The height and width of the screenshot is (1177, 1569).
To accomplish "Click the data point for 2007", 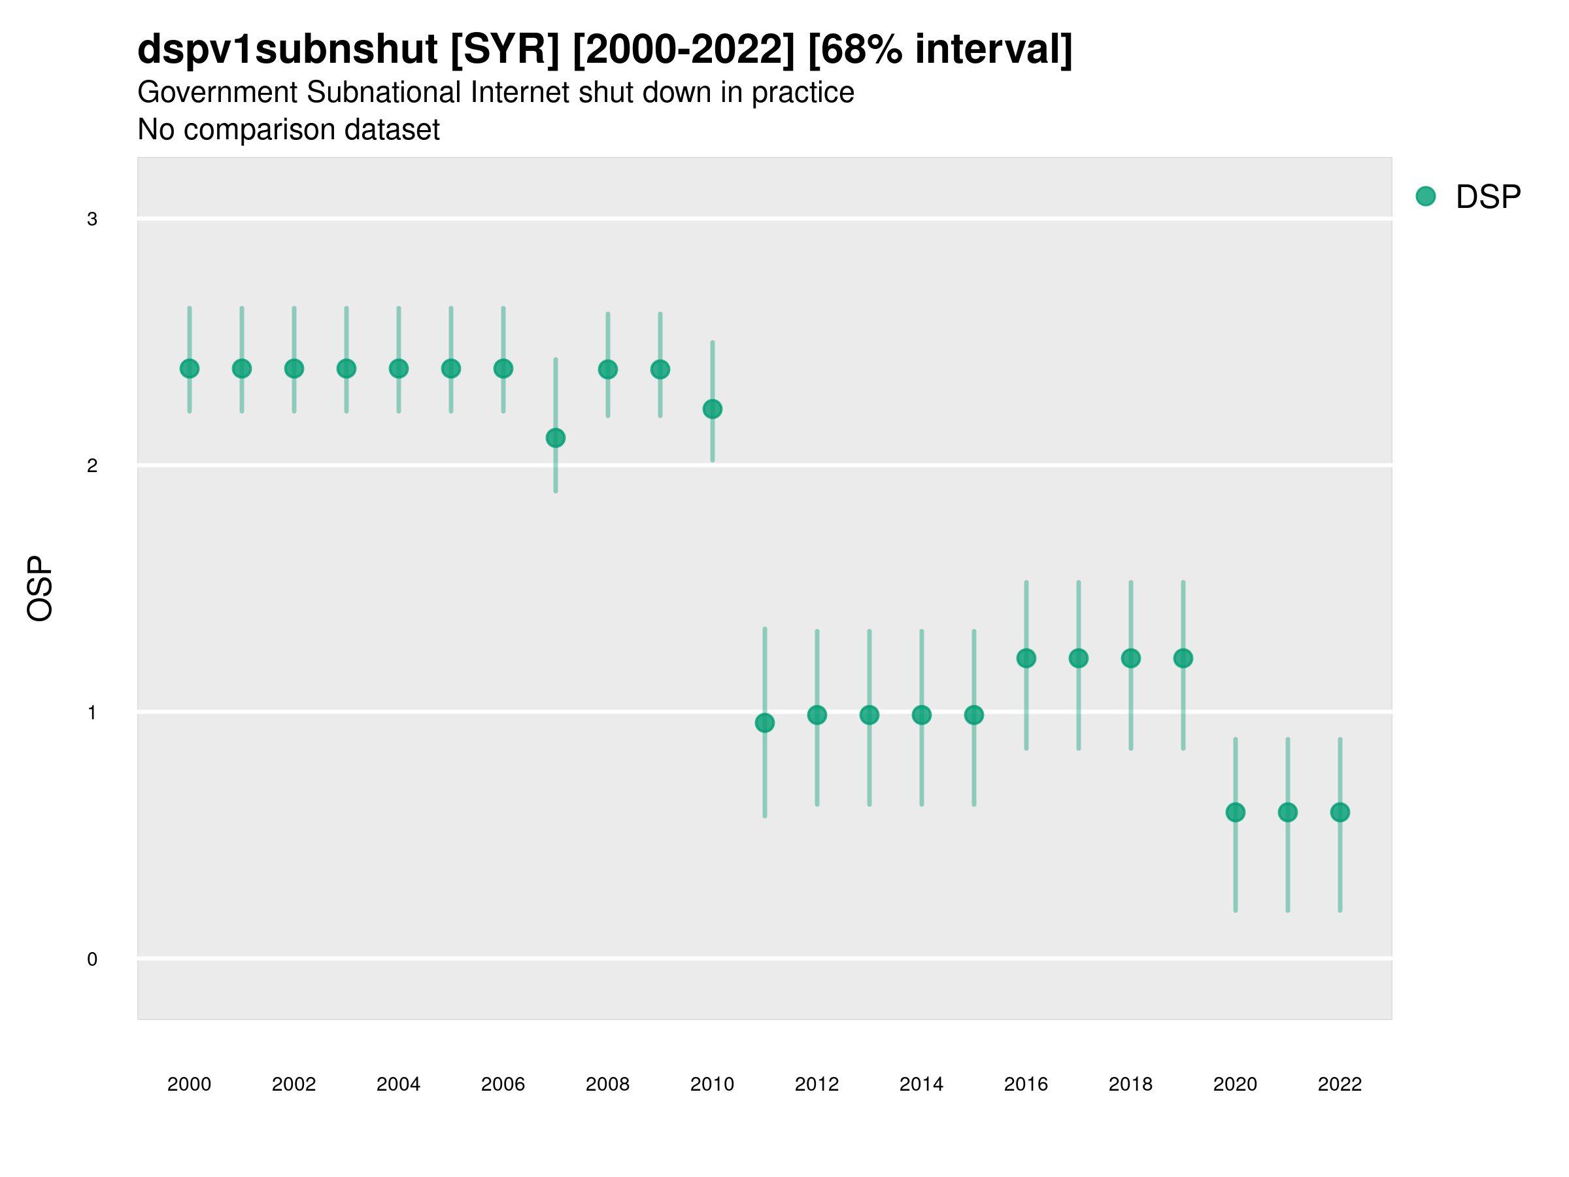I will click(556, 439).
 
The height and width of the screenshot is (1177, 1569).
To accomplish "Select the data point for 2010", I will click(712, 409).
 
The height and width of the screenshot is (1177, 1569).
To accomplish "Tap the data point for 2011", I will click(765, 723).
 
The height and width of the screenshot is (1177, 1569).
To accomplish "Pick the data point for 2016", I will click(1026, 658).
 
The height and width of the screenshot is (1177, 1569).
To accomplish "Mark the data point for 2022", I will click(1340, 812).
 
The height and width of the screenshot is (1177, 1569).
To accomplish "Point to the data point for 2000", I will click(190, 369).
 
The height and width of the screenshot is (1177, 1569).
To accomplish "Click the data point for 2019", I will click(1183, 658).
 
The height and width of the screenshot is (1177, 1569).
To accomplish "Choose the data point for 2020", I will click(1236, 812).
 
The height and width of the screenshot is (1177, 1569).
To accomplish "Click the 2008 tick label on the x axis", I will click(608, 1084).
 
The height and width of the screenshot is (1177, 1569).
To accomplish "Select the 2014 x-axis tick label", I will click(921, 1084).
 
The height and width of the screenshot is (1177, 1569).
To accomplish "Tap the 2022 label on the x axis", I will click(1340, 1084).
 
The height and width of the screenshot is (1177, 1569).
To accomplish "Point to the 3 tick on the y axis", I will click(92, 219).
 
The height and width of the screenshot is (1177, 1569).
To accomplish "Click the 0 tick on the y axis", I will click(92, 959).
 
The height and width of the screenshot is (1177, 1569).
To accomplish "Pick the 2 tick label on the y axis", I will click(92, 466).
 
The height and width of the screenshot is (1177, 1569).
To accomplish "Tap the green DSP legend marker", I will click(1426, 197).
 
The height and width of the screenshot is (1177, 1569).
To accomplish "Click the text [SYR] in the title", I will click(505, 49).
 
